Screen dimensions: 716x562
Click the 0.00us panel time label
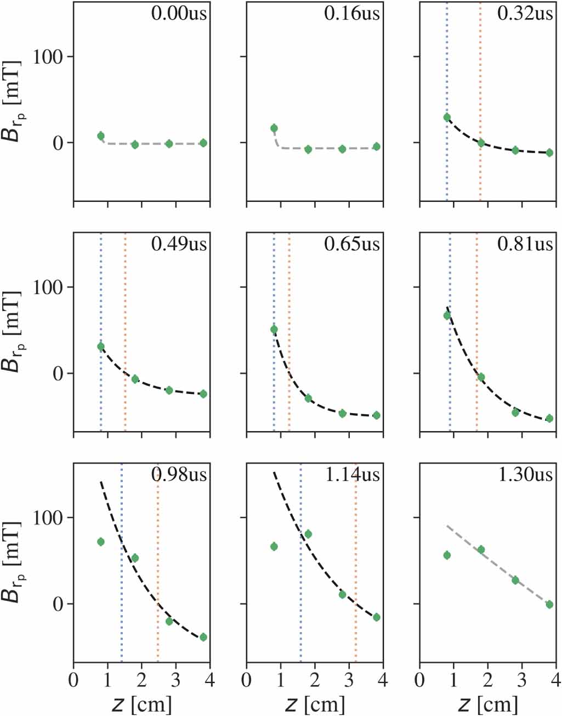coord(179,13)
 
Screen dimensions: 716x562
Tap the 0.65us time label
coord(352,244)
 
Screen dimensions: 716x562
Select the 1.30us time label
coord(525,474)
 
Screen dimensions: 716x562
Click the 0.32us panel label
coord(525,13)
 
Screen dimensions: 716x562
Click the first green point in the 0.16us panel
coord(274,128)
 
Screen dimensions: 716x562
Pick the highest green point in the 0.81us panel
coord(447,315)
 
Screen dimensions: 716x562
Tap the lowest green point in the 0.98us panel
coord(203,637)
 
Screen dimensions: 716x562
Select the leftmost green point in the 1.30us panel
coord(447,555)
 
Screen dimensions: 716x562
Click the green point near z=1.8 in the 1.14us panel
coord(308,534)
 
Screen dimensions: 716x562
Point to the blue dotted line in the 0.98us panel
coord(121,604)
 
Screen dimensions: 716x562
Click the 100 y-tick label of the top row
coord(48,57)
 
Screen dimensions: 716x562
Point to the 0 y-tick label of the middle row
coord(58,374)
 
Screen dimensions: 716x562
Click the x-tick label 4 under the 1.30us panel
coord(555,680)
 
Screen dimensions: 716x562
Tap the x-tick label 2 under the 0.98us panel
coord(141,680)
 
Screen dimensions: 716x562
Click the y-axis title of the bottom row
coord(12,562)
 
